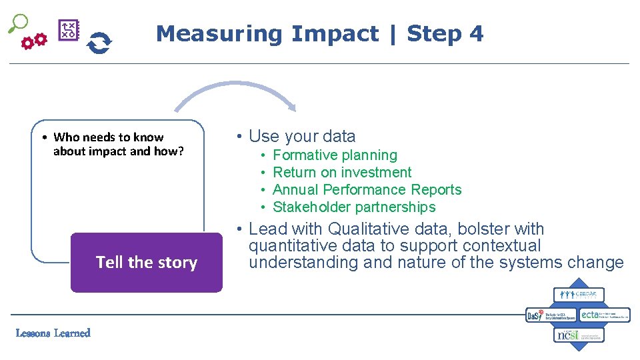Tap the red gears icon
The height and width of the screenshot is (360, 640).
click(34, 42)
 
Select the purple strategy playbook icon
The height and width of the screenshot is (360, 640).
click(69, 31)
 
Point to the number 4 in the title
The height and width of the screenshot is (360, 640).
click(476, 33)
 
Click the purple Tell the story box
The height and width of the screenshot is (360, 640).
click(147, 263)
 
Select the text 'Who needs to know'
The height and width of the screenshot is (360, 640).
click(108, 137)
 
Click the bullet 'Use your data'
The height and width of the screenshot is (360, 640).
click(302, 137)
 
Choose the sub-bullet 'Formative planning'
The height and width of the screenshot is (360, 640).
click(335, 155)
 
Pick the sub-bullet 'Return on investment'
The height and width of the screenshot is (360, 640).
click(342, 173)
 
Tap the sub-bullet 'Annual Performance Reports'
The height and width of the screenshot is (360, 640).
click(367, 190)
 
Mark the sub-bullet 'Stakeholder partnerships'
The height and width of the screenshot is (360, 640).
click(354, 207)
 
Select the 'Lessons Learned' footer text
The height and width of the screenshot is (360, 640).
click(53, 333)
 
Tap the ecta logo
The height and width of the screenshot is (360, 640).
click(604, 315)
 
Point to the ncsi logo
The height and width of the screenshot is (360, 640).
click(579, 335)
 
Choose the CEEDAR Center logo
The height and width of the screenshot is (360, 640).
click(579, 295)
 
